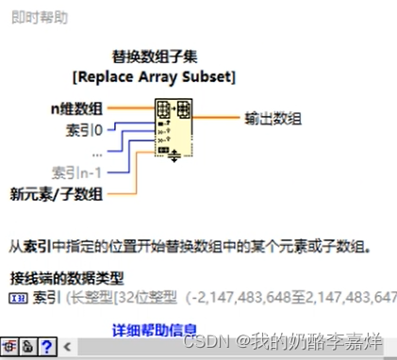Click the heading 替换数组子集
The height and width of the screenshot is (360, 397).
(155, 56)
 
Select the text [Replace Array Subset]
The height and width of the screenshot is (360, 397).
(154, 74)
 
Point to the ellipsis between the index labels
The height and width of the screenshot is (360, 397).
(98, 151)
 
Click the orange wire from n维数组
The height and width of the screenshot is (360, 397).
(117, 108)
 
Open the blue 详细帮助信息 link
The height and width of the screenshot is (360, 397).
(155, 330)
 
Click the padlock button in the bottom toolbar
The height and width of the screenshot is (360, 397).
(29, 346)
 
